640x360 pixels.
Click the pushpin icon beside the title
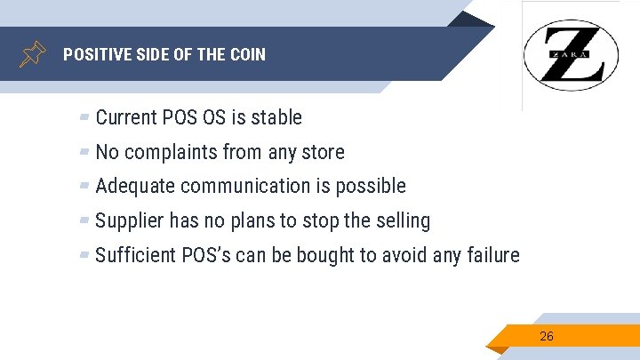pos(33,54)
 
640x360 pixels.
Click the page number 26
pos(547,336)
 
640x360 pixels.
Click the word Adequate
pos(134,186)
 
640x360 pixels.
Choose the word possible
pos(371,186)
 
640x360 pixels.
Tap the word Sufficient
pos(134,255)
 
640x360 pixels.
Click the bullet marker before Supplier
pos(84,220)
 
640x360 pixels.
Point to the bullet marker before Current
pos(84,117)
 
